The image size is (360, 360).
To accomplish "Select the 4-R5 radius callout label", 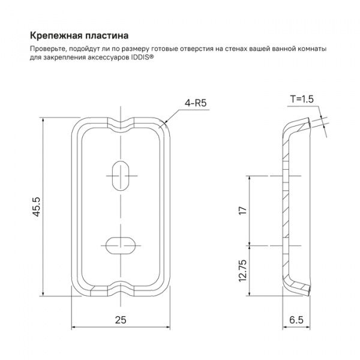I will click(x=196, y=103).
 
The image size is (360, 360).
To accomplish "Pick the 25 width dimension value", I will click(x=122, y=320).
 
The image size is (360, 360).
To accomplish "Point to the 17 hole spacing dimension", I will click(x=243, y=211).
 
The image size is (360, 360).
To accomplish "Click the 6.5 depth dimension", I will click(x=295, y=320).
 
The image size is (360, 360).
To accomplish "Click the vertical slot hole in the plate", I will click(x=122, y=175).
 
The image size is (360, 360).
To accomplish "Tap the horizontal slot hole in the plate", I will click(x=122, y=244).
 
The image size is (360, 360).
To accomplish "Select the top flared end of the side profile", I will click(x=300, y=125).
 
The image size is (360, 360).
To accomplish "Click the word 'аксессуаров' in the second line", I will click(x=108, y=58).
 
